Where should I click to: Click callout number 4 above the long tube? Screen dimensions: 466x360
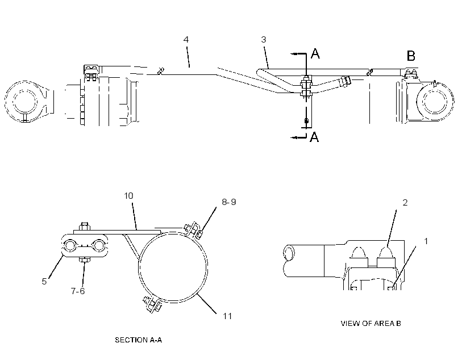[186, 40]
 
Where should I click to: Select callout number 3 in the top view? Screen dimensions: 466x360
[264, 40]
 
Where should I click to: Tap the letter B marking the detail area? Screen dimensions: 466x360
[411, 56]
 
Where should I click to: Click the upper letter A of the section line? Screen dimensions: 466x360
[315, 54]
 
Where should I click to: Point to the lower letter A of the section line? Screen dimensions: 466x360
[314, 137]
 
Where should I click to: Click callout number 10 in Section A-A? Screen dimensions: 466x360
[128, 196]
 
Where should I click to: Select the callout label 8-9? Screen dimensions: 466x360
[229, 202]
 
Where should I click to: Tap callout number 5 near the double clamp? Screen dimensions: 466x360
[44, 281]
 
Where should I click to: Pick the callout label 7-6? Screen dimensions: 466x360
[78, 291]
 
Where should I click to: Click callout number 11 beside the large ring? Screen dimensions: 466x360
[227, 316]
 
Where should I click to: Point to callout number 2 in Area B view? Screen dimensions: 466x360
[405, 203]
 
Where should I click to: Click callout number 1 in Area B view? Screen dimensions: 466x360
[426, 241]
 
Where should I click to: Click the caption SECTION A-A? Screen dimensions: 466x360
[139, 340]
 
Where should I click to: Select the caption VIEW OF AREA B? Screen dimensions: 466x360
[371, 323]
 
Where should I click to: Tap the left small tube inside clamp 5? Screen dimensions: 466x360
[70, 246]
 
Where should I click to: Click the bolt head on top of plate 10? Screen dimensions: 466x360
[85, 226]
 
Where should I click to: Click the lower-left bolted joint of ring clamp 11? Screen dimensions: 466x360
[152, 303]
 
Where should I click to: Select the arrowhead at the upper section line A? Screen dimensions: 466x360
[294, 54]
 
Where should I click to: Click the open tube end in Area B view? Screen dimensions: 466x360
[288, 253]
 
